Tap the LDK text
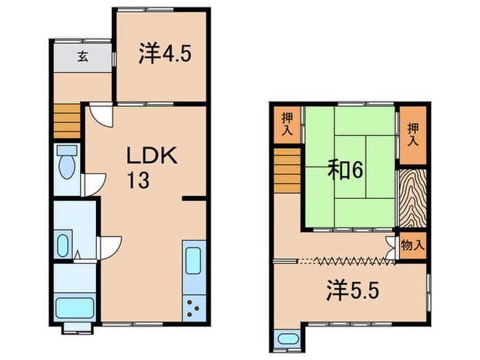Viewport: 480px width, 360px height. coord(152,156)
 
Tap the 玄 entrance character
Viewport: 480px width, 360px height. coord(82,57)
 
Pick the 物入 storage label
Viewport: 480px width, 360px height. coord(412,245)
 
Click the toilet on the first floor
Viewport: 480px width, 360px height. coord(67,162)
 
